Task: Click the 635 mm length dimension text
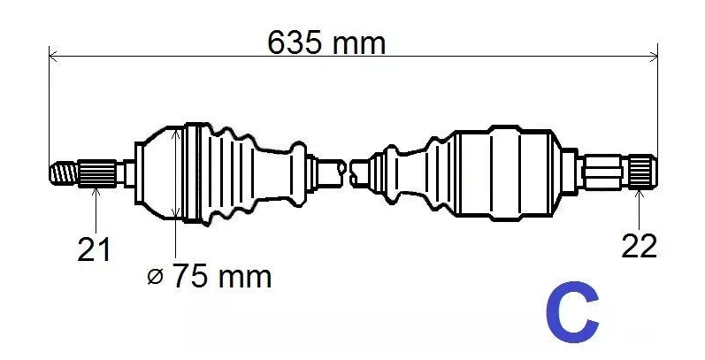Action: click(x=327, y=42)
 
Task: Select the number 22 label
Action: click(x=639, y=247)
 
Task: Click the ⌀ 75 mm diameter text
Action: click(x=209, y=277)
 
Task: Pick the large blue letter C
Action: click(x=574, y=313)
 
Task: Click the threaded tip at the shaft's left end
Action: click(x=63, y=172)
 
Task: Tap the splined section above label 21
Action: click(x=97, y=172)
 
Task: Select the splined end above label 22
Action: click(x=641, y=170)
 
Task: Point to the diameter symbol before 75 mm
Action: click(x=155, y=278)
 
